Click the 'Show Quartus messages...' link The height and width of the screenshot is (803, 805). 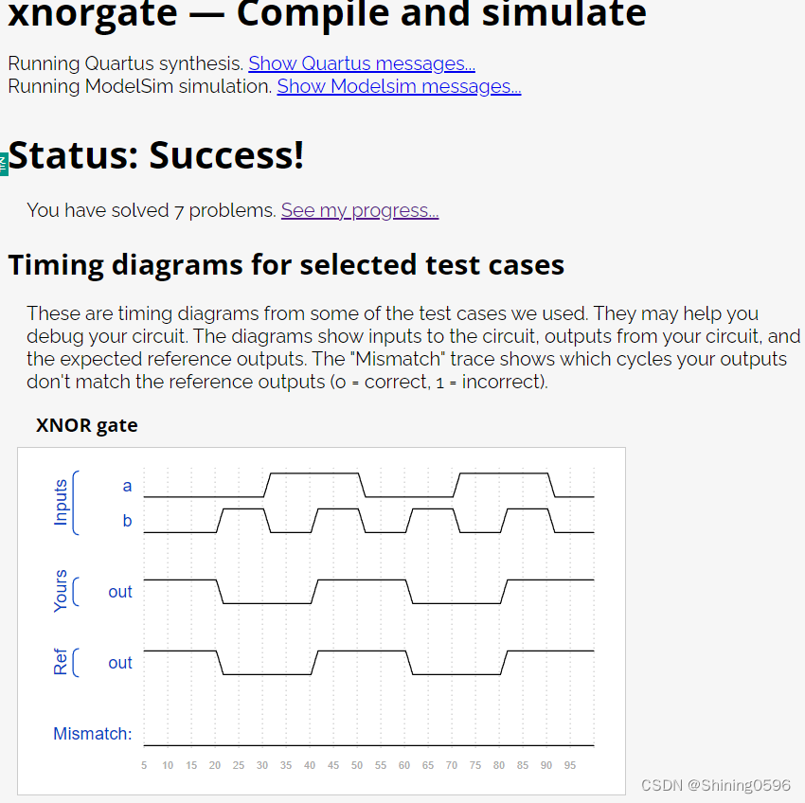361,63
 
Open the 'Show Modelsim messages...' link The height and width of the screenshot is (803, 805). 398,86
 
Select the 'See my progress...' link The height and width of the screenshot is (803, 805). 359,209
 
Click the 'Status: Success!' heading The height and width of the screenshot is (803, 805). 156,155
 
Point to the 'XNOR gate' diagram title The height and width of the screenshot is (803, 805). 87,425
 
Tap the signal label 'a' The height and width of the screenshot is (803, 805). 127,486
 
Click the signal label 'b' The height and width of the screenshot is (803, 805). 127,521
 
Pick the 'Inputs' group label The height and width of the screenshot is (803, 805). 62,502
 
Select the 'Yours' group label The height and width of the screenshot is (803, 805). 62,591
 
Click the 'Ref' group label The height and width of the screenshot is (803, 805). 62,662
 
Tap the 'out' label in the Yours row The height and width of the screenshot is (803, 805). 120,592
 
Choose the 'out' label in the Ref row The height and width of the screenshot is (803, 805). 120,663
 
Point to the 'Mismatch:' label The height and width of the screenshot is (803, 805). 92,734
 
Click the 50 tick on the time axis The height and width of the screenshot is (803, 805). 357,765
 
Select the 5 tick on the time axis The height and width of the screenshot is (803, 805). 144,765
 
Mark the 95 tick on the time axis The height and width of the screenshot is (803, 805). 570,765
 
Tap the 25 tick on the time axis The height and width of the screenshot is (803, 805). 239,765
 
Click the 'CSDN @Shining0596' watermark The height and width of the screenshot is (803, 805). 715,785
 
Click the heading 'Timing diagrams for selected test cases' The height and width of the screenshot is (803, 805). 286,265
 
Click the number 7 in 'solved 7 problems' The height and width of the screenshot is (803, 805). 179,210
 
